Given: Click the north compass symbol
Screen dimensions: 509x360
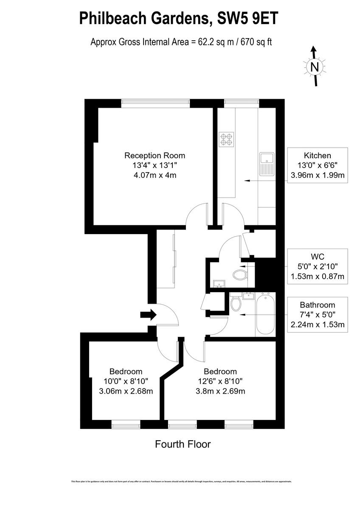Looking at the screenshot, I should [x=314, y=67].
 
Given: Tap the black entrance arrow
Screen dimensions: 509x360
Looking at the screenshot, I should [x=148, y=315].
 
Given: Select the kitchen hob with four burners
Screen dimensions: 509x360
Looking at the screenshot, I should [x=226, y=139].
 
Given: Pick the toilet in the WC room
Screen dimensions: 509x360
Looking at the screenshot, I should [x=241, y=274].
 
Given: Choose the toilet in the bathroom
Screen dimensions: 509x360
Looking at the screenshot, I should [x=236, y=303].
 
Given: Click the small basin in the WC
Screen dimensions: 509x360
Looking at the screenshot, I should [x=219, y=283].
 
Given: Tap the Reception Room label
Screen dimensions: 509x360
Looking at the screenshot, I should [x=155, y=156].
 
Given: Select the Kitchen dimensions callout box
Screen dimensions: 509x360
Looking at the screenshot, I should [x=317, y=165].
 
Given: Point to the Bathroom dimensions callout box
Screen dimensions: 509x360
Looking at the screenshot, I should [x=317, y=315].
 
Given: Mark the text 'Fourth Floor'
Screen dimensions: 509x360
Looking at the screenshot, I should [x=183, y=445].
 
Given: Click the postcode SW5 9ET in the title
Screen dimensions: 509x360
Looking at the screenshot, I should [x=248, y=19].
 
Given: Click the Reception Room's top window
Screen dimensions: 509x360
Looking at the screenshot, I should [x=155, y=102].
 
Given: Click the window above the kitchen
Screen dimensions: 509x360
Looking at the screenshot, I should [x=241, y=102].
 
